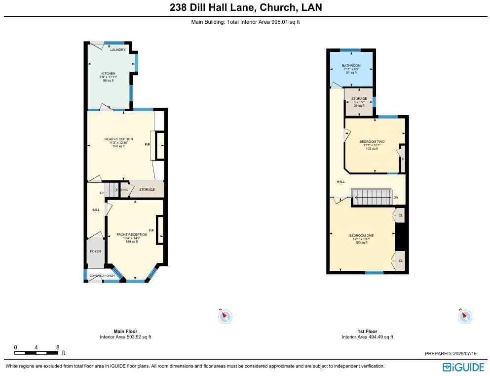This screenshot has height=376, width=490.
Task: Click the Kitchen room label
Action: coord(108,74)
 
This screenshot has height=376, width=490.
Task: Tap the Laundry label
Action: coord(118,50)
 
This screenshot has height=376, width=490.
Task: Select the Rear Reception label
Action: coord(118,139)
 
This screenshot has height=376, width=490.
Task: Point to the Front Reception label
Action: coord(132,235)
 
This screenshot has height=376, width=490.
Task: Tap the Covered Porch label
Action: coord(102,276)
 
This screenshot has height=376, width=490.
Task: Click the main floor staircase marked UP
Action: coord(112,190)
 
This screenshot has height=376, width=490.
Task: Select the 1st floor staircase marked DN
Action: coord(372,197)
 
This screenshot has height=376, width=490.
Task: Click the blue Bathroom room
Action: coord(351,69)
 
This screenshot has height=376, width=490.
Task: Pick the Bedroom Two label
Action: coord(372,142)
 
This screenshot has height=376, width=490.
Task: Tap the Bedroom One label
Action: coord(361,236)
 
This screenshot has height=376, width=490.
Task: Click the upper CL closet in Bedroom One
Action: coord(399,215)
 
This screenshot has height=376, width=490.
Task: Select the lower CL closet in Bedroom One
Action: coord(400,260)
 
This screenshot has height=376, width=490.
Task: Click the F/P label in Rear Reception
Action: coord(147,144)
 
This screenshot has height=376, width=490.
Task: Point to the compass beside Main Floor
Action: coord(225,317)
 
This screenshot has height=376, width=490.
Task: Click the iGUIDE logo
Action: coord(463,367)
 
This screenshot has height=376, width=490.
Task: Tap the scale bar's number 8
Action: coord(58,347)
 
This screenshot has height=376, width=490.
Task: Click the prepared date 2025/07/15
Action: coord(465,353)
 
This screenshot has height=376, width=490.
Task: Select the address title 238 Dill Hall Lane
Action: coord(213,7)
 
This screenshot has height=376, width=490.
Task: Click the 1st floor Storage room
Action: coord(359,102)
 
